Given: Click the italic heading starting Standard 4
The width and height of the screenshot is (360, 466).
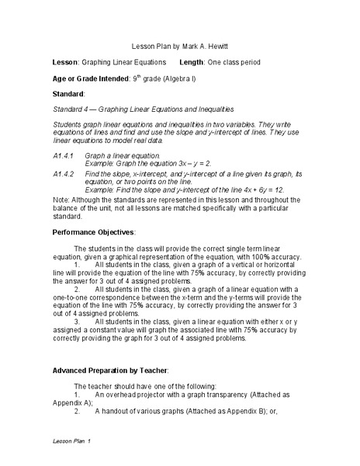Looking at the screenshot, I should tap(142, 109).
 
